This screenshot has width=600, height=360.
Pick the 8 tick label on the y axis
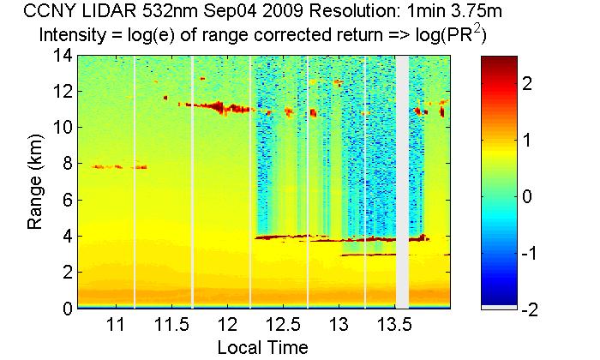click(66, 164)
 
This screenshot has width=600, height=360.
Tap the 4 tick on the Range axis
click(66, 236)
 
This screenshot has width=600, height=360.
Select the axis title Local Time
click(262, 347)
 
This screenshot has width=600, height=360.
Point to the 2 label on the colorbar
click(528, 83)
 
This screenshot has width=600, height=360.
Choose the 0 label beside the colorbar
click(528, 197)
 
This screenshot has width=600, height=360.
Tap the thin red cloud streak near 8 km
click(119, 167)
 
